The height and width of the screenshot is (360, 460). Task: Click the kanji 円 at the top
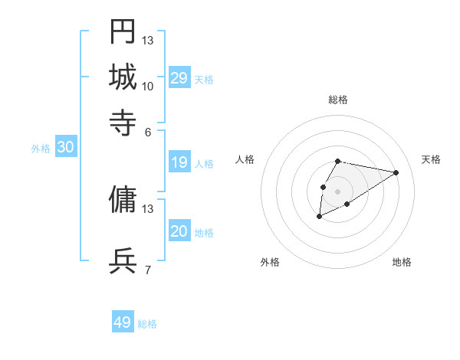point(123,33)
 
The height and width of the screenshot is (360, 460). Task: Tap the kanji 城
point(123,77)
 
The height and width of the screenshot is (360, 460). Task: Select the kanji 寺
point(123,122)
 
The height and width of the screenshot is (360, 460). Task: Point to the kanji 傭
point(123,199)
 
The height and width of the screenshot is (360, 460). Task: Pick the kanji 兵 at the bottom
point(123,260)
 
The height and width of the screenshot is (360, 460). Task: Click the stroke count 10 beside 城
point(148,86)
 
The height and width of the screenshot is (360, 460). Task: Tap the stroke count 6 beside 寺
point(148,131)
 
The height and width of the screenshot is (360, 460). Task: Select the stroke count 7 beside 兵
point(148,270)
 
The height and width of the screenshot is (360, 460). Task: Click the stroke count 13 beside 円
point(148,41)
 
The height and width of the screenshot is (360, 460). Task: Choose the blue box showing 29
point(179,78)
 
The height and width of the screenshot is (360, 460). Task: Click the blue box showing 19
point(179,162)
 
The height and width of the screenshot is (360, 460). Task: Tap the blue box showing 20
point(179,231)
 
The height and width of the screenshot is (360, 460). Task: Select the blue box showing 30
point(65,148)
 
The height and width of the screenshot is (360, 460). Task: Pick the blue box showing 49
point(123,322)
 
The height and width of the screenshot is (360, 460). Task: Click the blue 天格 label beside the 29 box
point(204,80)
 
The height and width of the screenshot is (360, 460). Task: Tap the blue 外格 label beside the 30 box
point(41,149)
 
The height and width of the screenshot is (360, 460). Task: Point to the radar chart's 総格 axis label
point(338,100)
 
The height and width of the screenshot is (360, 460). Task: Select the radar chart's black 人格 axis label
point(245,159)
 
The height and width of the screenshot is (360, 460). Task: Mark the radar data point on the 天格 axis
point(396,172)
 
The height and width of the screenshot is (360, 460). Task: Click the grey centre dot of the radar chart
point(337,191)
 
